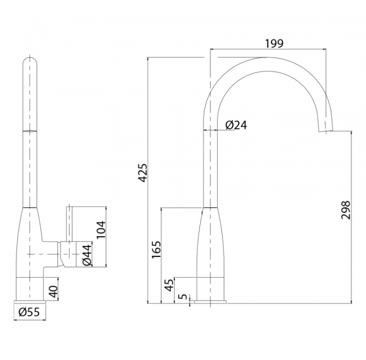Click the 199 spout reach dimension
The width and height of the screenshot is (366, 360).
274,43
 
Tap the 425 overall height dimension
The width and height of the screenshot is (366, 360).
143,173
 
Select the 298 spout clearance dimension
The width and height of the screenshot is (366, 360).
346,210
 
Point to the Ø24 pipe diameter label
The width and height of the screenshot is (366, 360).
236,125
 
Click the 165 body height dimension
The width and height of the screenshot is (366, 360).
156,250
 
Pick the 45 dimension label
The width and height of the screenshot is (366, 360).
170,285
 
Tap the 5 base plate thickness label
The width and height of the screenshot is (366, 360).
183,297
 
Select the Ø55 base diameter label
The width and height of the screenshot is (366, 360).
29,312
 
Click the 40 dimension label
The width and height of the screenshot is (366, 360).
54,292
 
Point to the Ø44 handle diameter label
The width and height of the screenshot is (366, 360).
87,255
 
